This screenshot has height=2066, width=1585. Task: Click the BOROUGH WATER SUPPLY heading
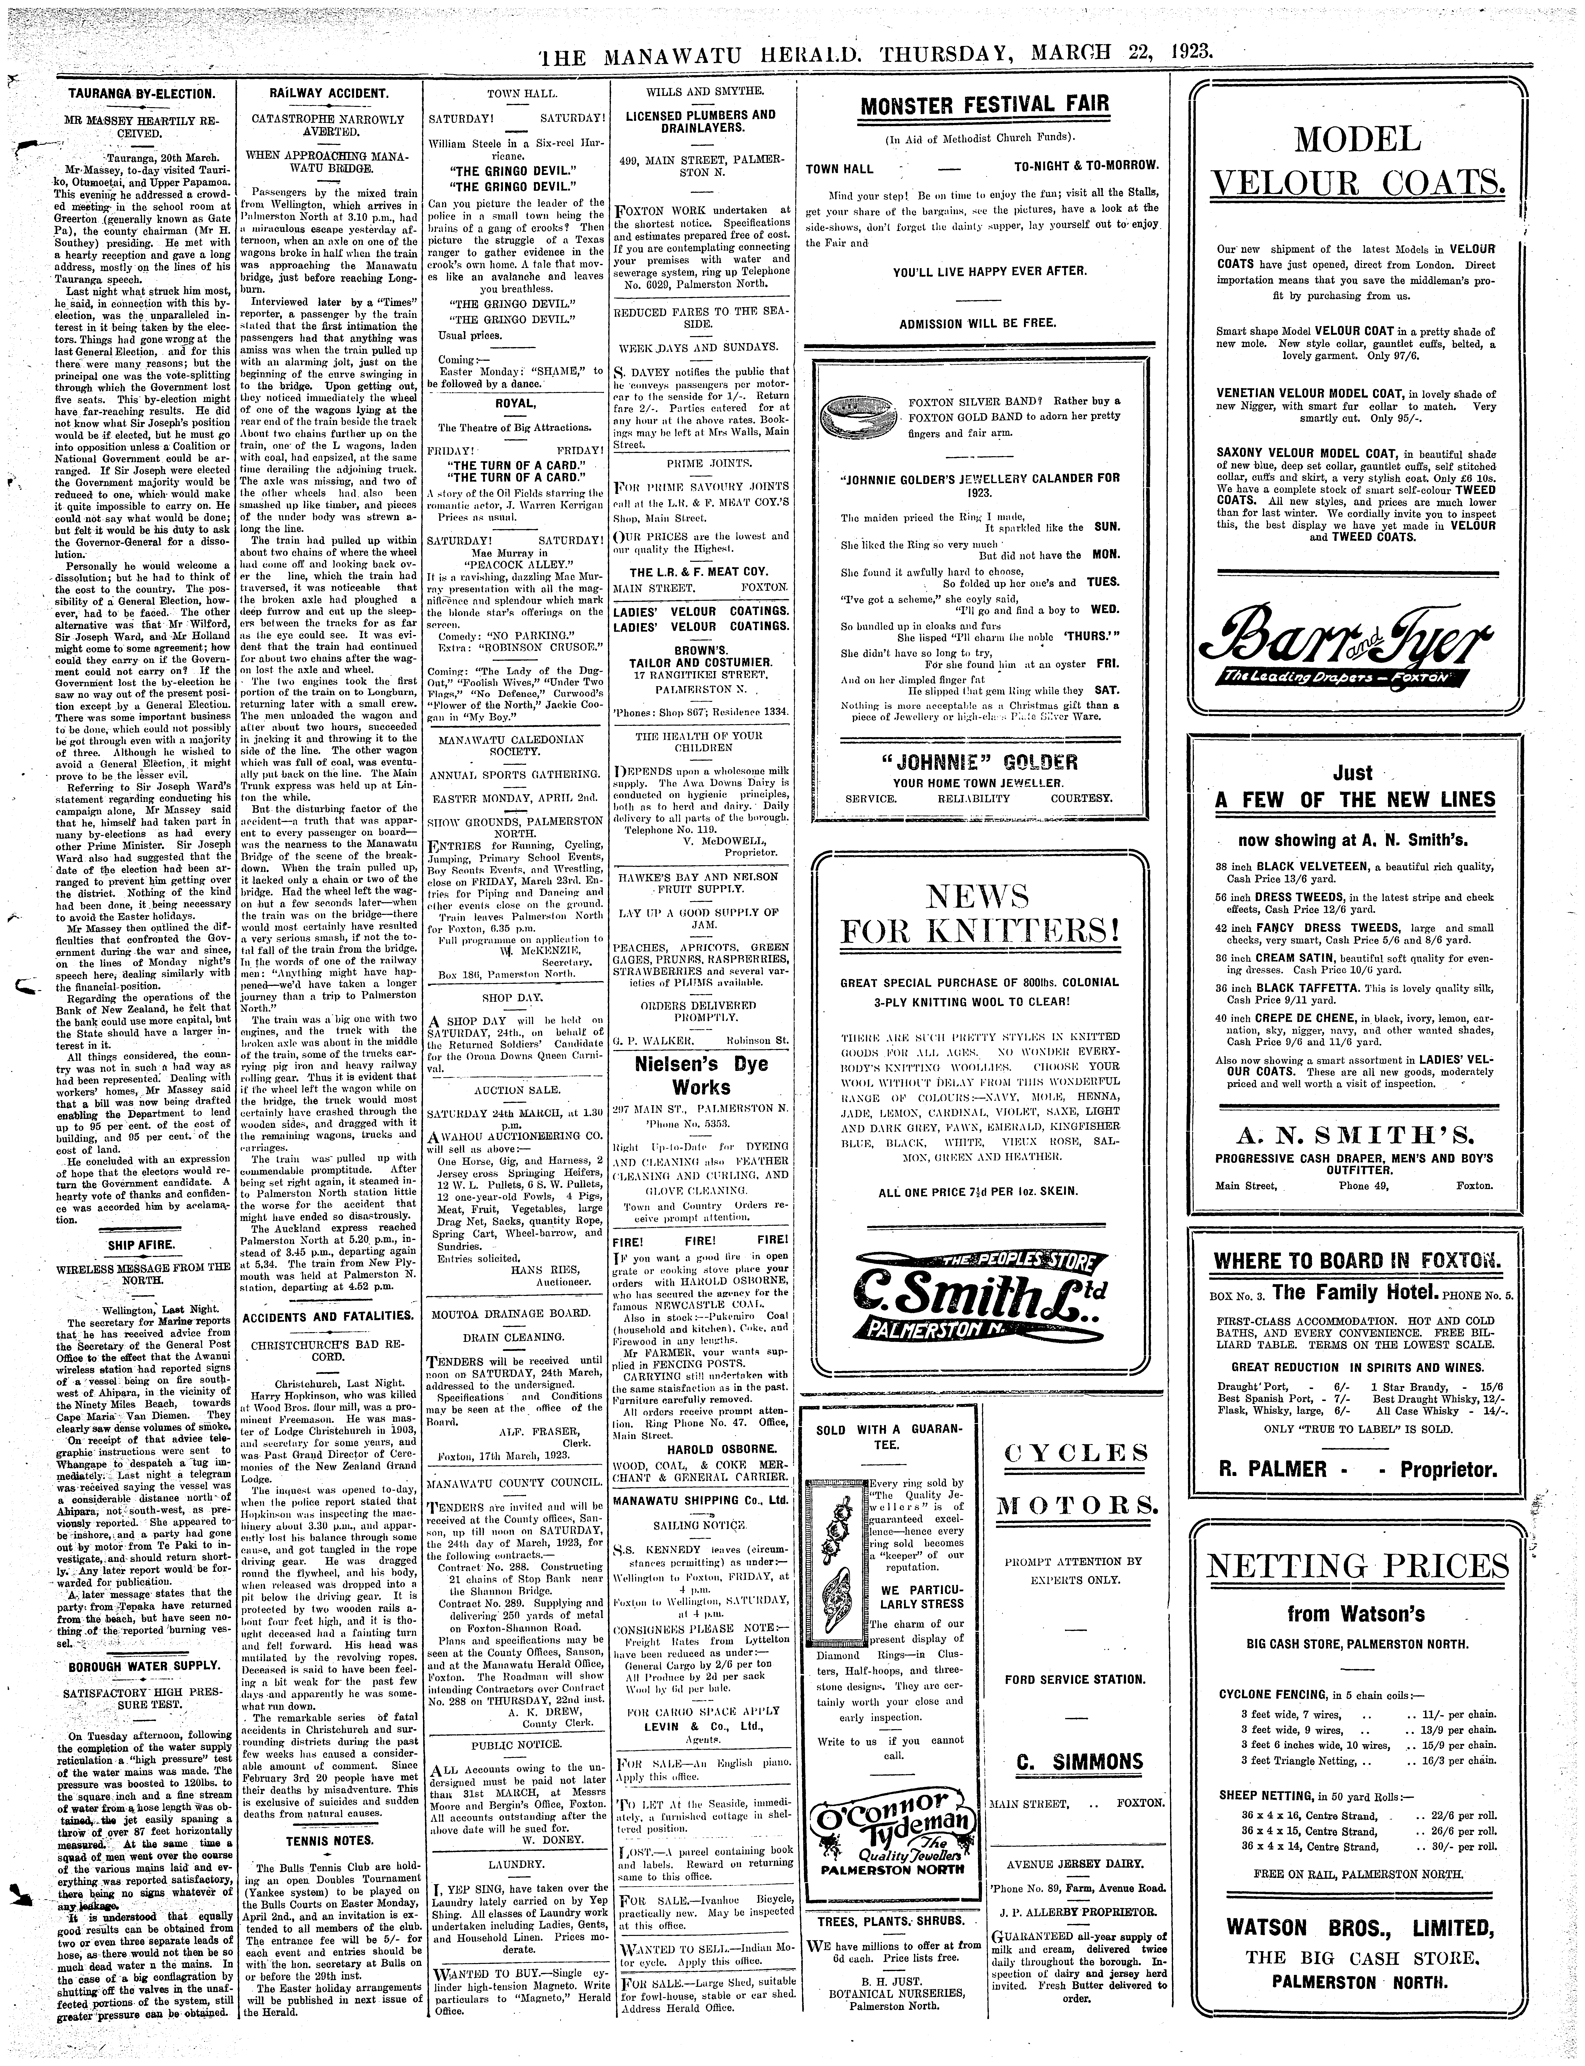tap(144, 1666)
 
